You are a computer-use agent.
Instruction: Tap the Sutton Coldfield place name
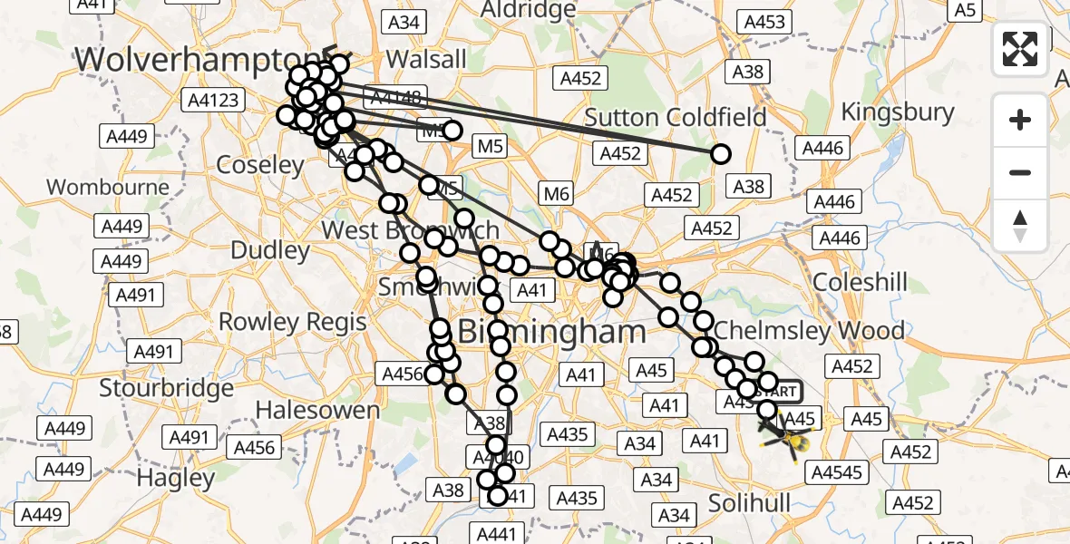click(x=676, y=117)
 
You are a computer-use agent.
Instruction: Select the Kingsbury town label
click(x=898, y=112)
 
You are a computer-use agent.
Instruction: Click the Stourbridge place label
click(x=166, y=388)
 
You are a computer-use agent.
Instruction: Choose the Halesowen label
click(x=317, y=410)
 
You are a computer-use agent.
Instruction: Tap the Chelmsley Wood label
click(x=810, y=330)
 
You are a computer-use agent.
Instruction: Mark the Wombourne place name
click(x=108, y=188)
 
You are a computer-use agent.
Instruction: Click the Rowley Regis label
click(x=293, y=322)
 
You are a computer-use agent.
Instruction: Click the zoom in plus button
click(x=1020, y=120)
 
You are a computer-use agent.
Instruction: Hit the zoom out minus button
click(x=1020, y=172)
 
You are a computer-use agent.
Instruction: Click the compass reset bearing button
click(x=1020, y=225)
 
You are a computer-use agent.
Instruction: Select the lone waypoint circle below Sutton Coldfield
click(x=720, y=154)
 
